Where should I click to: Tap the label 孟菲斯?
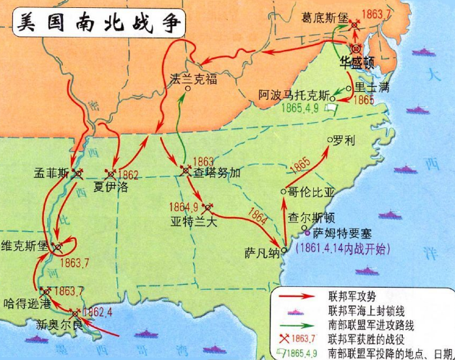click(x=51, y=174)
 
